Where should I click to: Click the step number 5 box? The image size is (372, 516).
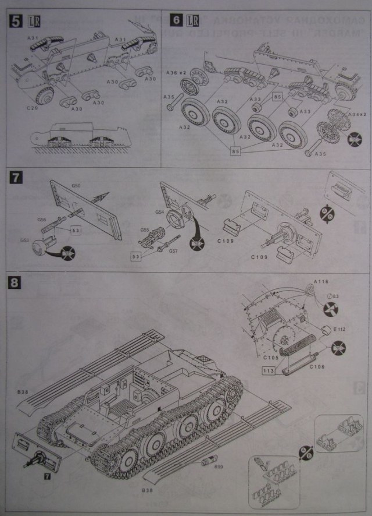15,20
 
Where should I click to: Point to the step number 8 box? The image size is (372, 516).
16,284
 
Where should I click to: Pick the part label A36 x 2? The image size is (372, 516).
175,72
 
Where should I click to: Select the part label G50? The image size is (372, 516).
76,186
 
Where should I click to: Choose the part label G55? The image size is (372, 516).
145,231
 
